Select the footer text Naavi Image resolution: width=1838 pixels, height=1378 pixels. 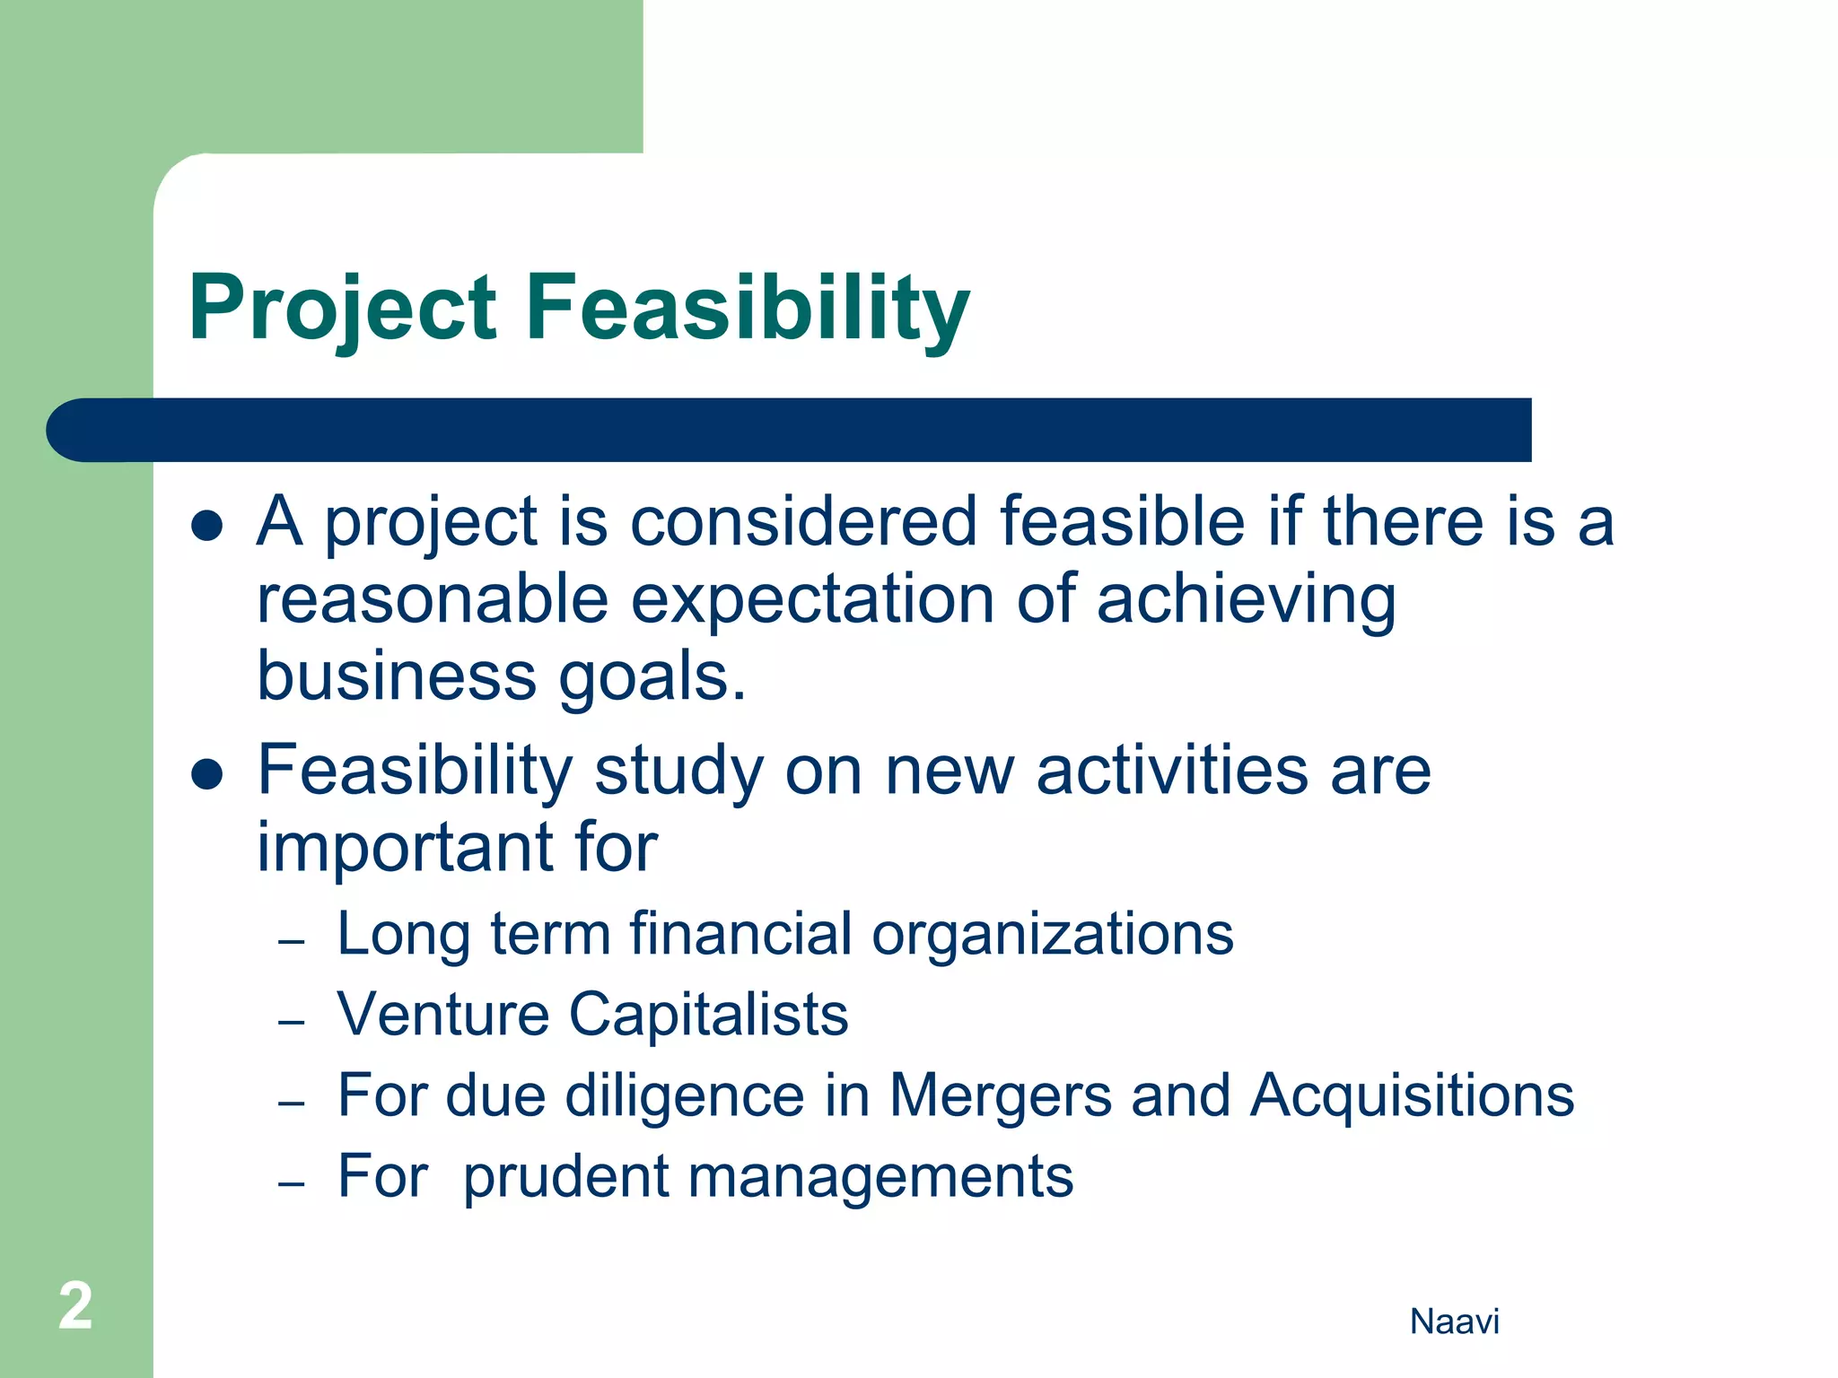coord(1454,1321)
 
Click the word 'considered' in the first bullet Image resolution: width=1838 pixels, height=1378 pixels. coord(803,522)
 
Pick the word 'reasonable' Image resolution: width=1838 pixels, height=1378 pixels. coord(433,600)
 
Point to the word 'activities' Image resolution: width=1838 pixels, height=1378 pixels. coord(1172,770)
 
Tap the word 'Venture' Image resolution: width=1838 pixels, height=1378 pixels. coord(443,1015)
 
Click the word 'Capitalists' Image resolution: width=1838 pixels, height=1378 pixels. coord(709,1016)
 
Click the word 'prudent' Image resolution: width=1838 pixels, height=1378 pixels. coord(565,1178)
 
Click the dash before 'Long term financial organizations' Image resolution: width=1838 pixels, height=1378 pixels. coord(292,942)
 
